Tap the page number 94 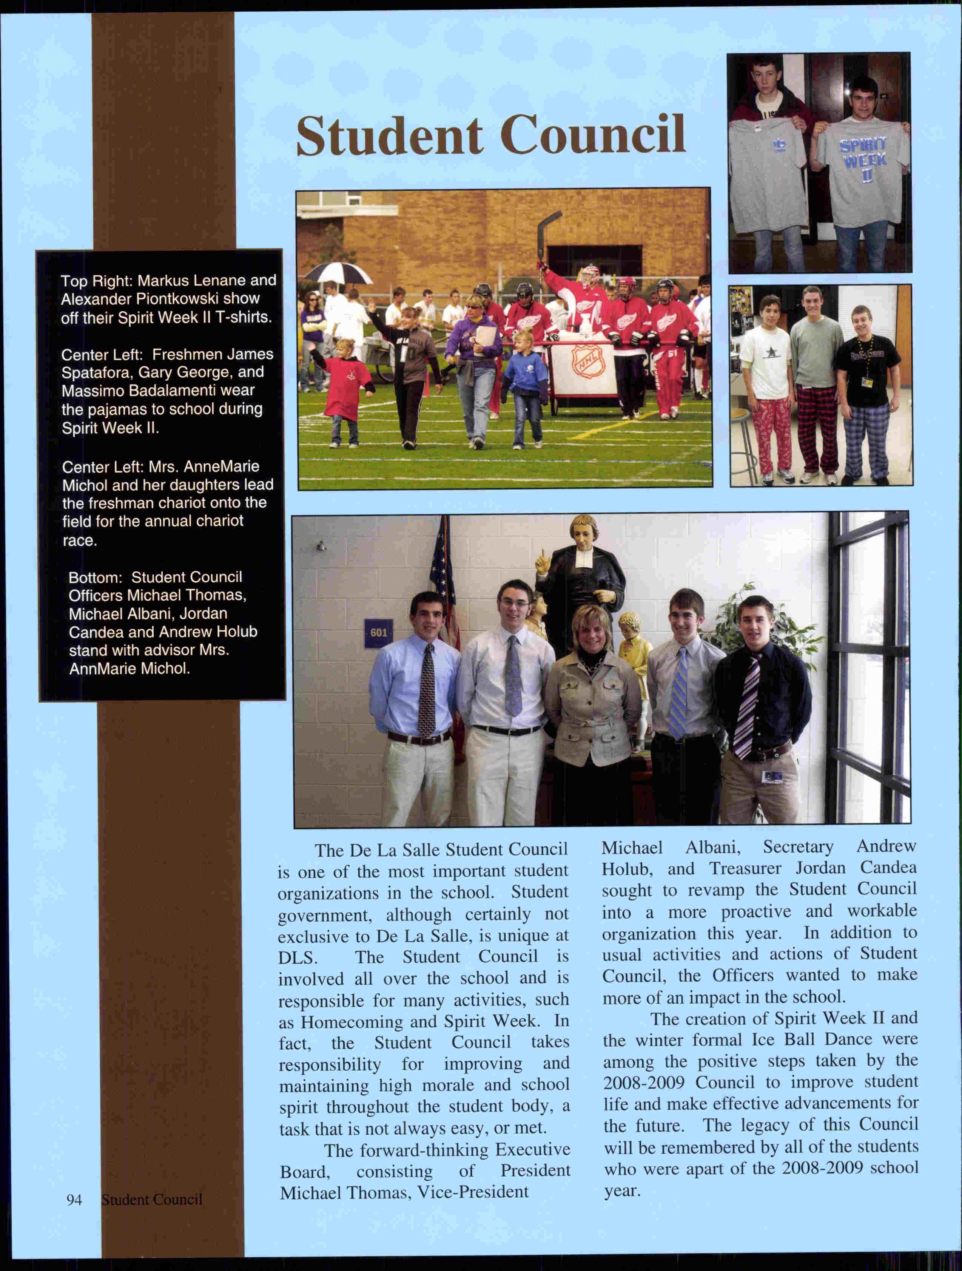pos(74,1199)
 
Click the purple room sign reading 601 pos(378,633)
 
